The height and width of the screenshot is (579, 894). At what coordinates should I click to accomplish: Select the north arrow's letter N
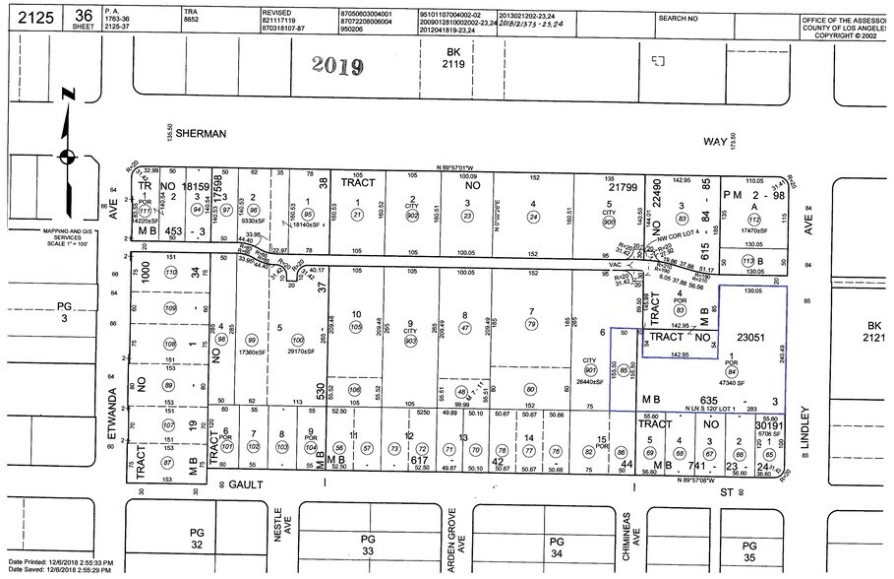click(x=67, y=95)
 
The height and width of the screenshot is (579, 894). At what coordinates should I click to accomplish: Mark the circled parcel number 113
click(x=748, y=260)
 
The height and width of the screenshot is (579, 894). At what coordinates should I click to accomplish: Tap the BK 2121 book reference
click(x=873, y=332)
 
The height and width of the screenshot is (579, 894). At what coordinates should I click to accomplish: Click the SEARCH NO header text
click(x=679, y=18)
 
